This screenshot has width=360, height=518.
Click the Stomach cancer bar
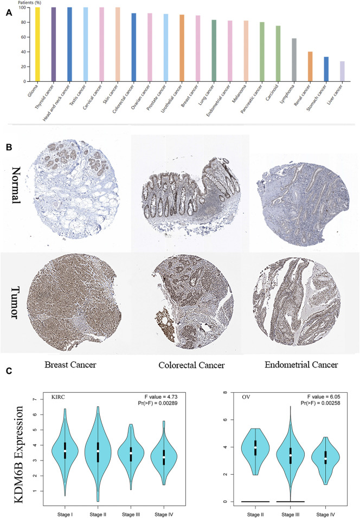click(326, 69)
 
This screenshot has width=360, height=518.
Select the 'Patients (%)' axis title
click(27, 3)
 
